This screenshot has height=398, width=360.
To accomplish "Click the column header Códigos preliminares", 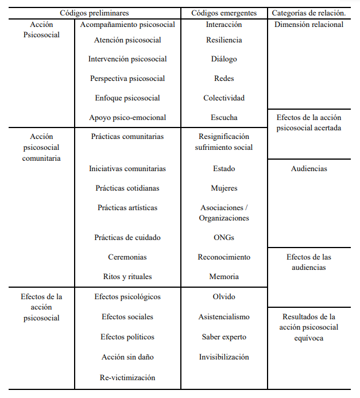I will coord(94,12).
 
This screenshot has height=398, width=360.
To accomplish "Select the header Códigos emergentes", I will coord(224,12).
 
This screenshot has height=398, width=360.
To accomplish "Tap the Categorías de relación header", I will coord(308,12).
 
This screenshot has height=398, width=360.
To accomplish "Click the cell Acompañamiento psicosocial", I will coord(127,25).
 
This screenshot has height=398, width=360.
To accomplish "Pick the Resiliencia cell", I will coord(224,40).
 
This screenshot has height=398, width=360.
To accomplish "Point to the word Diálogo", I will coord(224,59).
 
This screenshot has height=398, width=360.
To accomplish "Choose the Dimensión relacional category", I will coord(309,25).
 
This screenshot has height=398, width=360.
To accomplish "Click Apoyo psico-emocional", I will coord(127,118).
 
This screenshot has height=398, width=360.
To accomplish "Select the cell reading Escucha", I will coord(224,118).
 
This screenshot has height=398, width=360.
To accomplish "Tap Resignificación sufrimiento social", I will coord(224,142).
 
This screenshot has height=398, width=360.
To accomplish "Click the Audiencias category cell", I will coord(309,169).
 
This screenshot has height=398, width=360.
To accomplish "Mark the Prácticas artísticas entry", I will coord(127,208).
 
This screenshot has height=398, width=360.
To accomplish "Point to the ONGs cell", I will coord(224,238).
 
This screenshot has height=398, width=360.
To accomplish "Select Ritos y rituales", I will coord(127,277).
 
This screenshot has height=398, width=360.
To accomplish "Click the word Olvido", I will coord(224,297).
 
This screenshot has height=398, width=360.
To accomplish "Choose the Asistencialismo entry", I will coord(224,317).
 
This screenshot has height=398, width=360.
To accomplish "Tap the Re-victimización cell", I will coord(127,377).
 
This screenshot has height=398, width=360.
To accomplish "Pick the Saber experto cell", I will coord(224,337).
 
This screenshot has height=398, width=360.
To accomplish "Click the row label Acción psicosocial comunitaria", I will coord(41,148).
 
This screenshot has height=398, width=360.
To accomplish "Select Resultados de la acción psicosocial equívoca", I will coord(309,327).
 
